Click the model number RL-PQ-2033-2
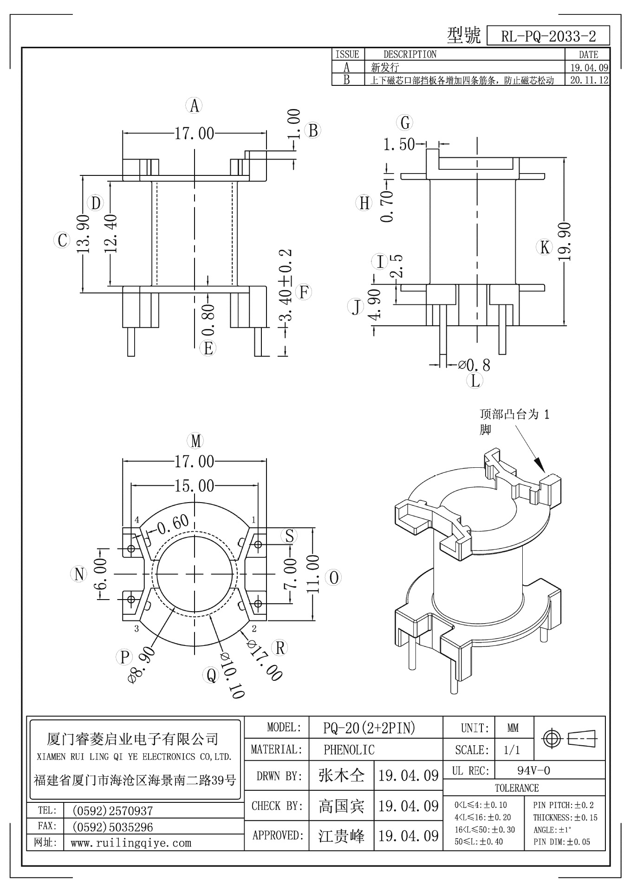point(548,36)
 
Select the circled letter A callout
point(195,106)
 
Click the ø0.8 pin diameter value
point(474,365)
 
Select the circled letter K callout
point(545,247)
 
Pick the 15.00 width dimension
point(194,486)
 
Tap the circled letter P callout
point(124,657)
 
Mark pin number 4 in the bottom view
point(137,520)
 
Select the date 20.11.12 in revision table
point(589,80)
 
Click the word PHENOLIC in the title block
point(349,749)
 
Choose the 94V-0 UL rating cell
point(533,771)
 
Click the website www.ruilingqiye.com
point(131,843)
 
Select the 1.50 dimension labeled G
point(399,145)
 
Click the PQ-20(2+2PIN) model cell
point(369,728)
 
